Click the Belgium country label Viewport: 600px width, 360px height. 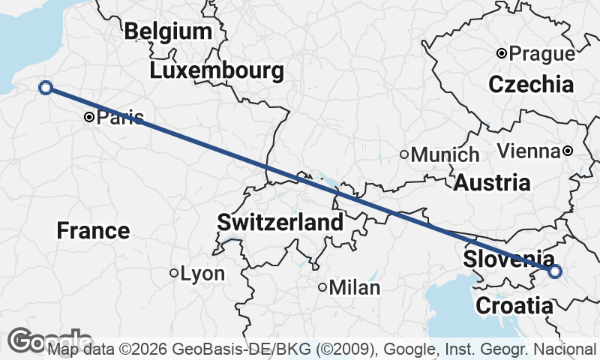[x=169, y=31]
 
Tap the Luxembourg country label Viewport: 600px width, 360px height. [x=217, y=71]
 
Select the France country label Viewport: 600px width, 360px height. [x=93, y=230]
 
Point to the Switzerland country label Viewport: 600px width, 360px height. [x=280, y=222]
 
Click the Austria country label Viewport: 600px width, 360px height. [x=492, y=182]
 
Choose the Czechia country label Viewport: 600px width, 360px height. [x=531, y=84]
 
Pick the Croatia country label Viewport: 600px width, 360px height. [x=514, y=306]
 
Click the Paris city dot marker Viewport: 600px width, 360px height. [x=89, y=117]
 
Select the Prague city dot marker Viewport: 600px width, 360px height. [x=502, y=53]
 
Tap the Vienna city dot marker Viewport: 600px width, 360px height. [x=568, y=151]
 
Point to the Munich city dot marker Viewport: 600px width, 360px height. [x=404, y=155]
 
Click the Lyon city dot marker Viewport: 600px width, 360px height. [x=174, y=274]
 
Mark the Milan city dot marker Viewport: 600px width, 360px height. [x=322, y=287]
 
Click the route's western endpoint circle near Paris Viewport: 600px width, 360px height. [x=45, y=88]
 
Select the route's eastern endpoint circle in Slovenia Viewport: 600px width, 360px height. [x=554, y=271]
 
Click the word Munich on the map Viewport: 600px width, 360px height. [x=445, y=155]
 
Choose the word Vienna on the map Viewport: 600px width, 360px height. [x=529, y=151]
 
